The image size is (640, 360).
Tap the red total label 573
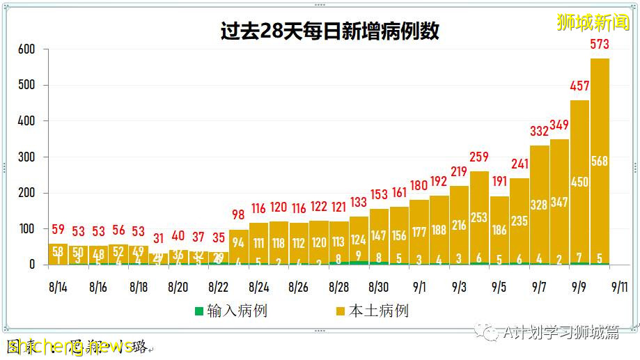[x=600, y=45]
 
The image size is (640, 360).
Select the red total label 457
[x=579, y=86]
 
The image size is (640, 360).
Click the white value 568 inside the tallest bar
[x=600, y=162]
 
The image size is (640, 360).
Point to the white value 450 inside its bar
[x=579, y=182]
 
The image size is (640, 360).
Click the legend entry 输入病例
[x=230, y=311]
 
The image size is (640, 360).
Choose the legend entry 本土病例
[x=372, y=311]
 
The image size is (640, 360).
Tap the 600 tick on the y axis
[x=26, y=49]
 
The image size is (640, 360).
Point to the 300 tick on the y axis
[x=26, y=157]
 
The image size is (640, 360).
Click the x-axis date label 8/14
[x=58, y=287]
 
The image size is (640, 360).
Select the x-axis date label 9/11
[x=620, y=287]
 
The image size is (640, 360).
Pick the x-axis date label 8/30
[x=379, y=287]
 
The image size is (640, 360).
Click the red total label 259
[x=479, y=157]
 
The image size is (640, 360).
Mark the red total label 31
[x=158, y=239]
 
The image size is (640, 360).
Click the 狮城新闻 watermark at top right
[x=593, y=22]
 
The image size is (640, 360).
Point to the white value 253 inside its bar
[x=479, y=217]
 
